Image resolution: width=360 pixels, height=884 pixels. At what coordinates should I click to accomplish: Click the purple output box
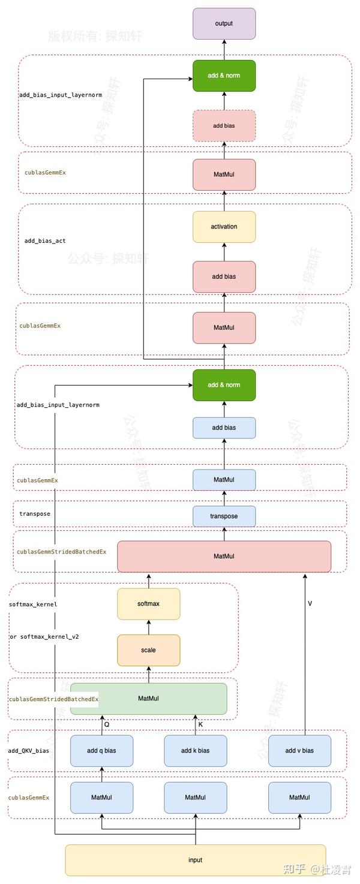pyautogui.click(x=224, y=23)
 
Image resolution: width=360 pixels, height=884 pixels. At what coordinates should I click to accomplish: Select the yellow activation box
pyautogui.click(x=224, y=227)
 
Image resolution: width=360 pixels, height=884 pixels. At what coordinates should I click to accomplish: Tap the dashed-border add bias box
pyautogui.click(x=224, y=126)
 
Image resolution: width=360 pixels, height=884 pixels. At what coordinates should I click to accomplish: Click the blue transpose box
pyautogui.click(x=224, y=516)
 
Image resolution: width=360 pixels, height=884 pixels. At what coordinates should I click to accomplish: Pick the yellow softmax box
pyautogui.click(x=148, y=603)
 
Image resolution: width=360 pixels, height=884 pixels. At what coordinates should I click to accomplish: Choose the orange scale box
pyautogui.click(x=148, y=650)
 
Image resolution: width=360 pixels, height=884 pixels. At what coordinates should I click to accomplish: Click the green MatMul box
pyautogui.click(x=148, y=699)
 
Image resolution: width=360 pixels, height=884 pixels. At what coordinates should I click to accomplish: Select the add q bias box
pyautogui.click(x=101, y=750)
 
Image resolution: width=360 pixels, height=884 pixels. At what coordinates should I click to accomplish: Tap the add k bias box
pyautogui.click(x=196, y=750)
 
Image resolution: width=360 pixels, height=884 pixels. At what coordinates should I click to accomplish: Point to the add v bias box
pyautogui.click(x=299, y=750)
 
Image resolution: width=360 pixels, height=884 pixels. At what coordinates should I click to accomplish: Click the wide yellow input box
pyautogui.click(x=196, y=860)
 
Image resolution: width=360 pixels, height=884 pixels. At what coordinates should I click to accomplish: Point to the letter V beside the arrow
pyautogui.click(x=310, y=603)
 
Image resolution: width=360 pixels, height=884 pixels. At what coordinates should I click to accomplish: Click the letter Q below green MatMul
pyautogui.click(x=107, y=724)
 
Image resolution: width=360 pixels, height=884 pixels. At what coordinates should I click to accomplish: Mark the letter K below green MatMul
pyautogui.click(x=200, y=724)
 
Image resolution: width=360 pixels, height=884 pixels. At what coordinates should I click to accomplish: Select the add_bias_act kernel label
pyautogui.click(x=45, y=241)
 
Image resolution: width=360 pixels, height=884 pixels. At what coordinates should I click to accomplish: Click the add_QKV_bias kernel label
pyautogui.click(x=29, y=750)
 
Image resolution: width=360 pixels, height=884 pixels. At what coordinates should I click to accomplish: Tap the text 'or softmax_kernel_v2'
pyautogui.click(x=44, y=636)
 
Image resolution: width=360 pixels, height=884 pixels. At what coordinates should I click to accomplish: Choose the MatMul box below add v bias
pyautogui.click(x=299, y=797)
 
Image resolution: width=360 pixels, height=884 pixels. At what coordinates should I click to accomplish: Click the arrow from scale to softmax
pyautogui.click(x=148, y=627)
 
